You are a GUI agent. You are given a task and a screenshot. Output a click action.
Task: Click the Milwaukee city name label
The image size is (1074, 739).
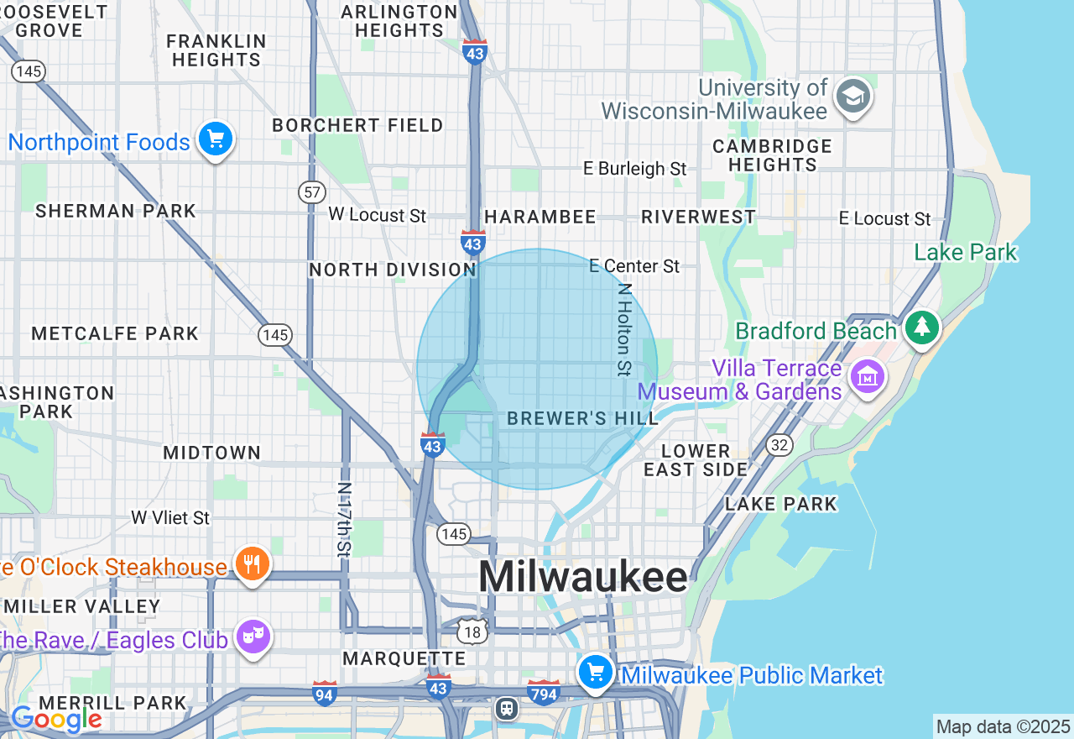(x=583, y=578)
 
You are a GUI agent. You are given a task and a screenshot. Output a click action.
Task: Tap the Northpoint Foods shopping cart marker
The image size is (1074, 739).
(x=216, y=139)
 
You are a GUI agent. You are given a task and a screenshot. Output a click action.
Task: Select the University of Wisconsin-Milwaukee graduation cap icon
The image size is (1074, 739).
(x=853, y=97)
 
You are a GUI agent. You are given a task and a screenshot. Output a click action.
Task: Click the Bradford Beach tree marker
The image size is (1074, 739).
(x=922, y=327)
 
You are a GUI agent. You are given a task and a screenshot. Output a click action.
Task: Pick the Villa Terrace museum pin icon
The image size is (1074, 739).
(x=868, y=376)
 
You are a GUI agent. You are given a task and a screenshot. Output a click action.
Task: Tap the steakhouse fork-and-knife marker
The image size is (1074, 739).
(x=250, y=563)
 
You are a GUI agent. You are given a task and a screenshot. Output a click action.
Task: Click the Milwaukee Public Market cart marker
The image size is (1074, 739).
(x=596, y=673)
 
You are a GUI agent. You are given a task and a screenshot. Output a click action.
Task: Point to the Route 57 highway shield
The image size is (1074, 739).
(x=312, y=192)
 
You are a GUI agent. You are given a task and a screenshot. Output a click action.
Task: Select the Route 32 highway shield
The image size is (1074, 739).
(x=779, y=445)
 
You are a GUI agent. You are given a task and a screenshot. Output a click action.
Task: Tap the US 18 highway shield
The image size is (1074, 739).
(x=472, y=632)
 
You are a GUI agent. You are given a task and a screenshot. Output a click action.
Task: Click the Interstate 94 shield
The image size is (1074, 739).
(x=325, y=693)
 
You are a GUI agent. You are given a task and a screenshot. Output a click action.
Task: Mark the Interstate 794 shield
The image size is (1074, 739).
(x=544, y=693)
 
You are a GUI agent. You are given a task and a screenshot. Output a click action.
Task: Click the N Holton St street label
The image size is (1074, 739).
(x=624, y=328)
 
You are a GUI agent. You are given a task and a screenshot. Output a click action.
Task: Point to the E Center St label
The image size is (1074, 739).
(x=634, y=266)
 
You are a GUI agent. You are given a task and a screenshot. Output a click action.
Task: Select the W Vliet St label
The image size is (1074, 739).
(x=170, y=517)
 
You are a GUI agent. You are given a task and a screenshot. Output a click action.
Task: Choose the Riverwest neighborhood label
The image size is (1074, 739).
(x=698, y=217)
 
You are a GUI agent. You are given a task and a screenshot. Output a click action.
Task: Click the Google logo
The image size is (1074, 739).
(x=56, y=720)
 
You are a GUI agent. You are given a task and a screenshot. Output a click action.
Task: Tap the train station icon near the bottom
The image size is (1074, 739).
(x=507, y=708)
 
